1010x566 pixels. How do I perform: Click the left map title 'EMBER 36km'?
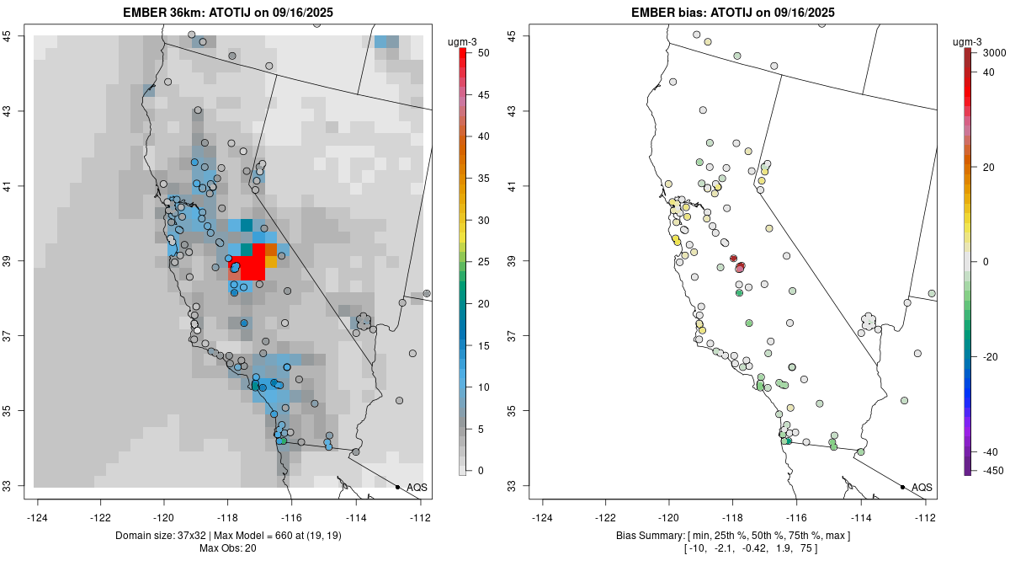173,12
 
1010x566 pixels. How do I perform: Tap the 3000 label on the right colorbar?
994,52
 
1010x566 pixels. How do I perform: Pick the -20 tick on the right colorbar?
991,356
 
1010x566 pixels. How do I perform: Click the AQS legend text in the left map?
417,487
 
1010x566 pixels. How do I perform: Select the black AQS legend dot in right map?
902,487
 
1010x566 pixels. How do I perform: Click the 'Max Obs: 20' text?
227,549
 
